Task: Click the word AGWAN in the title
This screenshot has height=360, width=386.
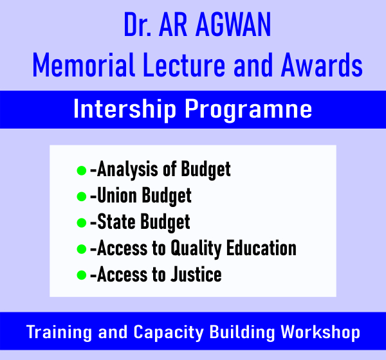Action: click(x=233, y=24)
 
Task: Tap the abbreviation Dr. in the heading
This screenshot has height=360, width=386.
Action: click(x=138, y=24)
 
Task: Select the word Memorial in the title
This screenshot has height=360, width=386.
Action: click(x=84, y=65)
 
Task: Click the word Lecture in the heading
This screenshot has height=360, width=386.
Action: click(x=184, y=65)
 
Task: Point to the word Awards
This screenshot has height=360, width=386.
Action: click(x=322, y=65)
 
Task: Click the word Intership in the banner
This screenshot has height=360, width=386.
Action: click(x=125, y=109)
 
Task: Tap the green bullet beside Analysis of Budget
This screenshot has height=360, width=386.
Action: click(x=82, y=170)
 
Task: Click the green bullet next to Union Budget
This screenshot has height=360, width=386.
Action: click(x=82, y=197)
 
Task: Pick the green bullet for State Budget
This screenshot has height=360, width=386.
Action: click(x=82, y=223)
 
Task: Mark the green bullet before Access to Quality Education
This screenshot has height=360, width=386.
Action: click(x=82, y=249)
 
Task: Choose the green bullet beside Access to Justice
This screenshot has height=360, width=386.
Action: click(x=82, y=275)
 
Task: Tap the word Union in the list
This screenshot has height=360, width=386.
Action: click(x=117, y=195)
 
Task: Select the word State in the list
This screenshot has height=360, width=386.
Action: click(x=116, y=222)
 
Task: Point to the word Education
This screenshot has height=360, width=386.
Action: click(x=261, y=248)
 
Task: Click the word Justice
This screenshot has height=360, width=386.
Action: click(x=196, y=274)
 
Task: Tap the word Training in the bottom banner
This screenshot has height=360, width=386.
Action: click(x=59, y=333)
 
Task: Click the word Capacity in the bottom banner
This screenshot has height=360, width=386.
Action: click(x=169, y=333)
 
